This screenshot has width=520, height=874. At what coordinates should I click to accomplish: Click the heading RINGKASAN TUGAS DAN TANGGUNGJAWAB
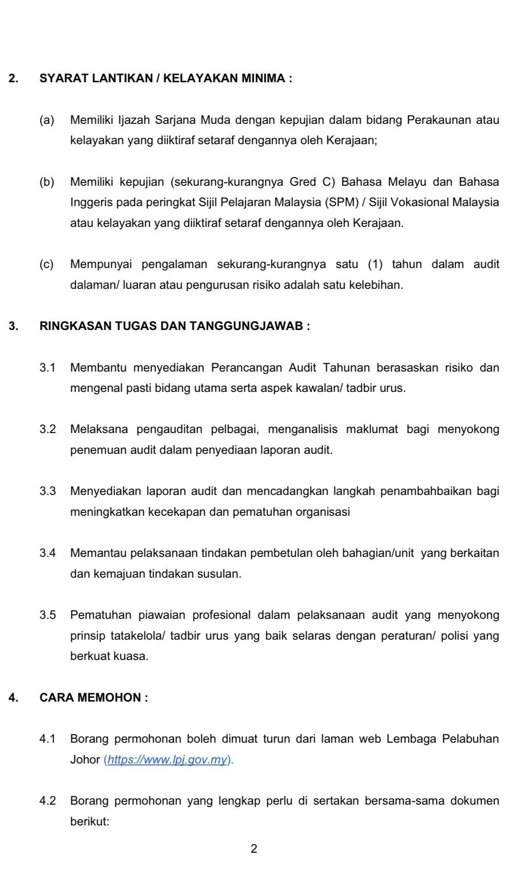click(175, 326)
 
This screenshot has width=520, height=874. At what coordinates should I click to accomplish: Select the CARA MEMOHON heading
click(94, 697)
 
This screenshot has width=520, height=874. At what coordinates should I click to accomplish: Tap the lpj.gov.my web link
click(168, 760)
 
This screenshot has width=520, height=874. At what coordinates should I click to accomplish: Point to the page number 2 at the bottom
click(253, 849)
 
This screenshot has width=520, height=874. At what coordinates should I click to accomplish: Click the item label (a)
click(47, 121)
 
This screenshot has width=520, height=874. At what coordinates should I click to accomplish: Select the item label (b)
click(47, 182)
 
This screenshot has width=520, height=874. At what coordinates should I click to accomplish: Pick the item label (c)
click(47, 265)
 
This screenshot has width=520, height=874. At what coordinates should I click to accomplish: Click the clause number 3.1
click(48, 368)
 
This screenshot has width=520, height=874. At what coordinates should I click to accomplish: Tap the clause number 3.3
click(48, 491)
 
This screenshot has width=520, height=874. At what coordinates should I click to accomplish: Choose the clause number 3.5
click(48, 615)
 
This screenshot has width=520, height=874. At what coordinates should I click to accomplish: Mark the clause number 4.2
click(48, 801)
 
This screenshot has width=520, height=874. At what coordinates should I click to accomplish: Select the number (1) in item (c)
click(376, 265)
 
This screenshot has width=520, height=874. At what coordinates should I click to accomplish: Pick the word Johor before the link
click(85, 760)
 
